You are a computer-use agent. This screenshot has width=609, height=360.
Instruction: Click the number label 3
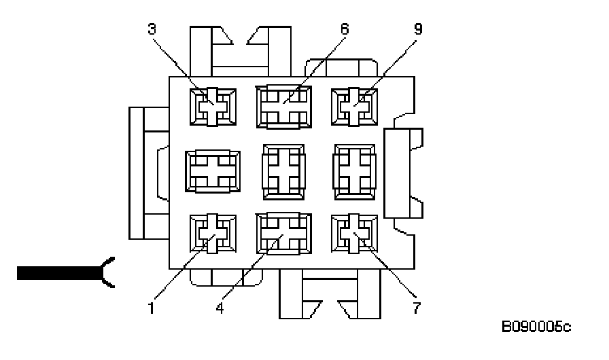click(x=152, y=29)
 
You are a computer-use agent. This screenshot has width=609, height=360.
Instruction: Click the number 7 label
click(x=415, y=307)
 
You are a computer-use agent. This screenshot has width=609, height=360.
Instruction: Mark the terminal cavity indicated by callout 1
click(x=213, y=234)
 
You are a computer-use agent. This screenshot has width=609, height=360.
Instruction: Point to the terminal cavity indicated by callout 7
click(x=353, y=234)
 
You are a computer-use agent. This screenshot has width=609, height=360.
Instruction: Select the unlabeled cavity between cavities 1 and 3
click(x=213, y=170)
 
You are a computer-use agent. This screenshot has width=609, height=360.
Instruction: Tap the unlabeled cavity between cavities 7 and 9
click(x=354, y=170)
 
